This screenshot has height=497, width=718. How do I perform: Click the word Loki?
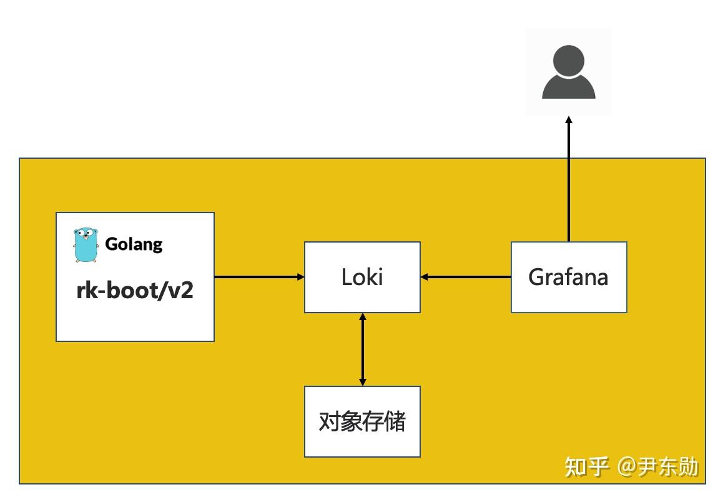tap(362, 277)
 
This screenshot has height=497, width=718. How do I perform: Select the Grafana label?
tap(568, 277)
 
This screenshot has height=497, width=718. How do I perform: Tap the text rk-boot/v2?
tap(135, 290)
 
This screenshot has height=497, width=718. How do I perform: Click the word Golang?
tap(134, 244)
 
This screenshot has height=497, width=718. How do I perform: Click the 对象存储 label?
tap(362, 421)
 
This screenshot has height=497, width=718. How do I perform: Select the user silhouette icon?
tap(568, 73)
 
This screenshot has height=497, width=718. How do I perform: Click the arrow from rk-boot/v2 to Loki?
tap(259, 277)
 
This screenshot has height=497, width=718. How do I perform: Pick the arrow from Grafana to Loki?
tap(466, 277)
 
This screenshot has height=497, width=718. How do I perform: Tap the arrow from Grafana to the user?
tap(569, 181)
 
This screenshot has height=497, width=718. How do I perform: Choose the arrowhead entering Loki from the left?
tap(300, 277)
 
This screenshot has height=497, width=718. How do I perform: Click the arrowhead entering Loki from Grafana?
tap(425, 277)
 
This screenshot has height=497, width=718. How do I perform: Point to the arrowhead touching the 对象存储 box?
tap(362, 381)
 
